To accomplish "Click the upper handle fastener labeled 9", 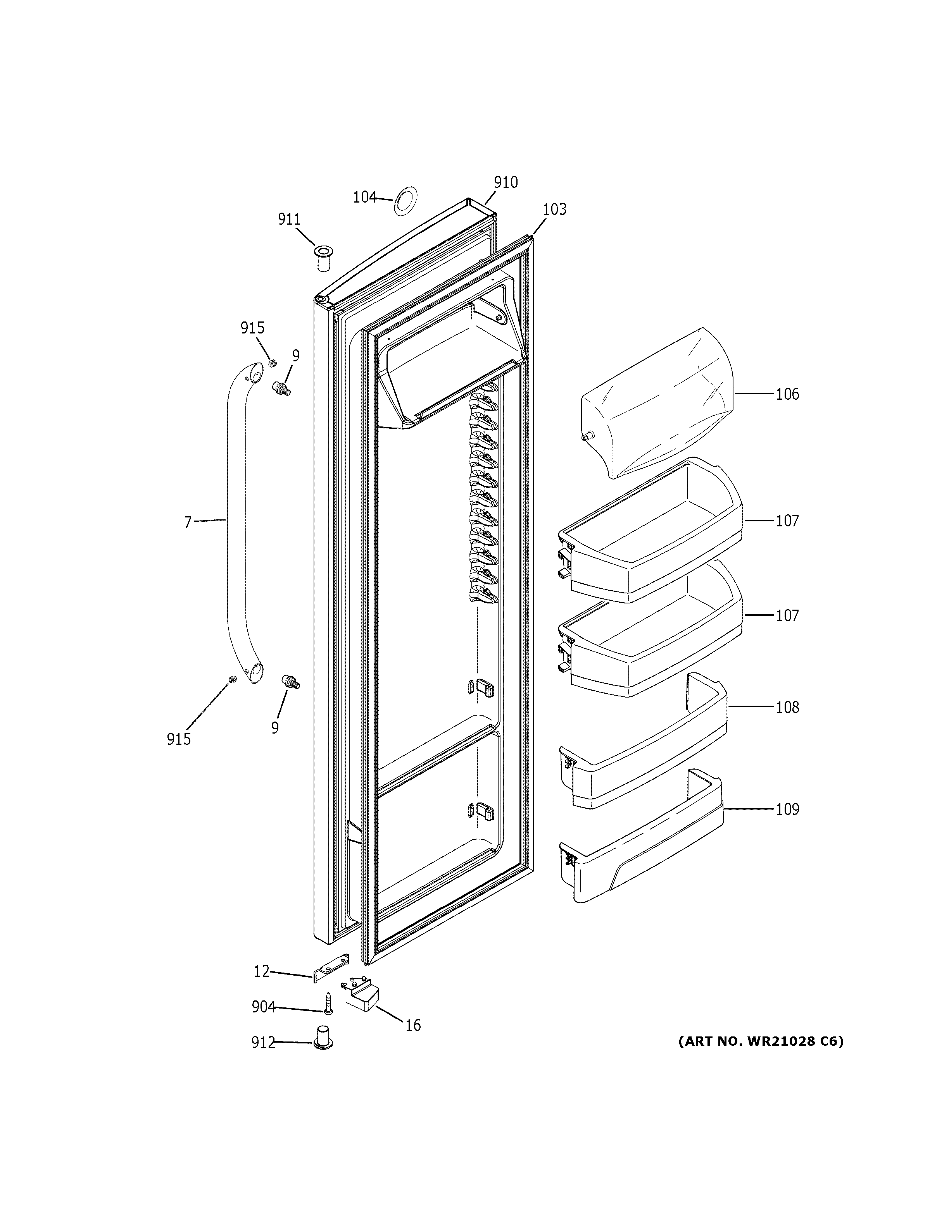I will (x=281, y=388).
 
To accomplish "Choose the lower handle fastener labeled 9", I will (x=291, y=682).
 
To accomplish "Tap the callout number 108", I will (x=787, y=707).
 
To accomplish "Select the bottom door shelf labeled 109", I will (x=641, y=843).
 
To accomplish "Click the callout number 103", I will (x=554, y=210).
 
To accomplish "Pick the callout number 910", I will (x=506, y=182).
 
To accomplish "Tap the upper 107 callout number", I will (x=787, y=521).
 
